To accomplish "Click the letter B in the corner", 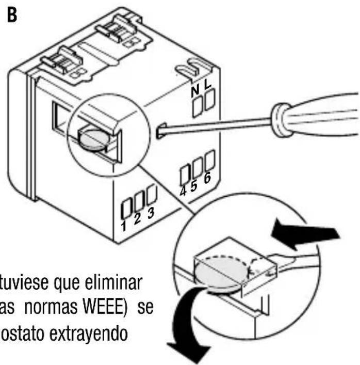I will coord(11,14).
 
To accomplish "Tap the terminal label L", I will coord(208,89).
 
